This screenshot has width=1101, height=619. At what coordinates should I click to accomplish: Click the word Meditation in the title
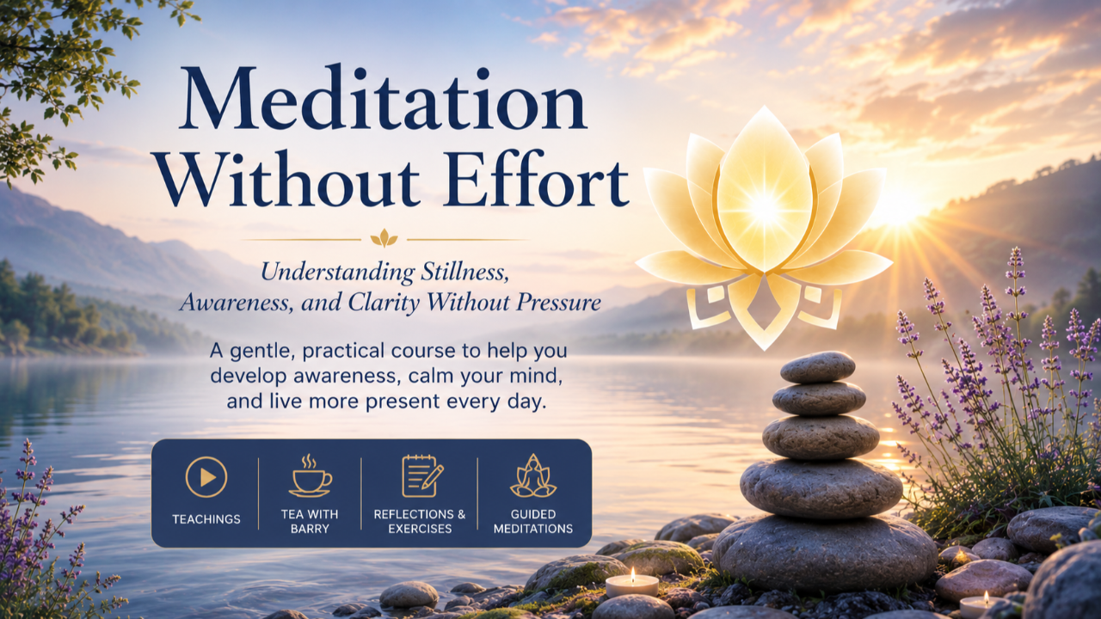pyautogui.click(x=383, y=98)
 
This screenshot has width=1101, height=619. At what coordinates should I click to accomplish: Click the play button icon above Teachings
pyautogui.click(x=206, y=477)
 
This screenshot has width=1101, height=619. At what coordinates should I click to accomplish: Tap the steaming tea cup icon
pyautogui.click(x=310, y=475)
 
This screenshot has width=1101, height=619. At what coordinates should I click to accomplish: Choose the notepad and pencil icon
pyautogui.click(x=422, y=475)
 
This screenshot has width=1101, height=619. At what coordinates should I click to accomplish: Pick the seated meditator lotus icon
pyautogui.click(x=532, y=475)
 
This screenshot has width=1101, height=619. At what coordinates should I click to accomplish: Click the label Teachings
pyautogui.click(x=206, y=519)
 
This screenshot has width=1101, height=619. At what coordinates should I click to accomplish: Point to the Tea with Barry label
pyautogui.click(x=310, y=521)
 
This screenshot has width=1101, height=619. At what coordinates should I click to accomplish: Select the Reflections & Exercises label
pyautogui.click(x=420, y=521)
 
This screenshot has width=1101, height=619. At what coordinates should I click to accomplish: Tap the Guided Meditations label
pyautogui.click(x=533, y=521)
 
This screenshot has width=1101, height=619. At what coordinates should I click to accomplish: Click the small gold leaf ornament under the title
pyautogui.click(x=384, y=238)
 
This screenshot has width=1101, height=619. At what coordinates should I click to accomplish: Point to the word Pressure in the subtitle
pyautogui.click(x=558, y=302)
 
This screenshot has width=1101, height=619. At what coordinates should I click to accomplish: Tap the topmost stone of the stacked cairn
pyautogui.click(x=817, y=367)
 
